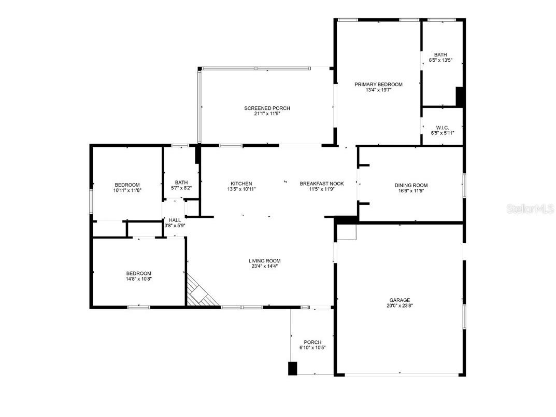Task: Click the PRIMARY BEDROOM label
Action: tap(378, 84)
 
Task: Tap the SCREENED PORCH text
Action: tap(267, 108)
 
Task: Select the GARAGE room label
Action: tap(400, 300)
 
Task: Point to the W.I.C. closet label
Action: tap(442, 128)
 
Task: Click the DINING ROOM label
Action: tap(411, 185)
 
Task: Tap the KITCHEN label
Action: tap(241, 184)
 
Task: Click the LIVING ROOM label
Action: tap(264, 261)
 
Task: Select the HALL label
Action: tap(175, 220)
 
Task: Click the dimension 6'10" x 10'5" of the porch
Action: tap(312, 347)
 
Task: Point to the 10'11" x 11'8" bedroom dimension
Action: tap(127, 190)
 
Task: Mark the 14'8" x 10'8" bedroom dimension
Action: tap(138, 279)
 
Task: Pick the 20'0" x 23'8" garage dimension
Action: tap(400, 305)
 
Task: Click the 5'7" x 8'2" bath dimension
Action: tap(181, 188)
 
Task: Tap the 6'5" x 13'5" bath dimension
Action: tap(440, 60)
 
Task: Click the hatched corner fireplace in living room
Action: tap(201, 295)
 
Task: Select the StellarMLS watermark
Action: tap(530, 209)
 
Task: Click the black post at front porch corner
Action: tap(292, 368)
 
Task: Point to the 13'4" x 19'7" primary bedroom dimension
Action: tap(378, 90)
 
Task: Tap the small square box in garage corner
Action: tap(347, 233)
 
